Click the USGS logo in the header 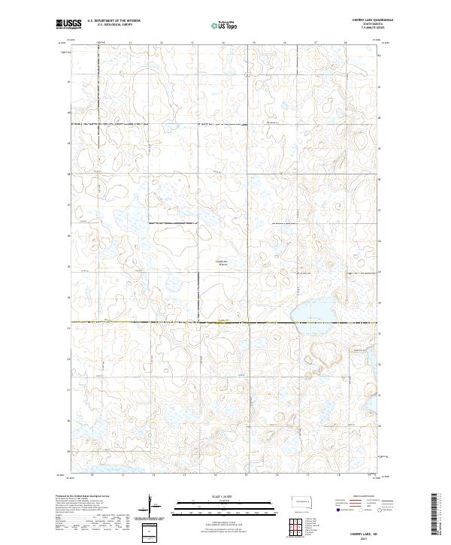tap(68, 24)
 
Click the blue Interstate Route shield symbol tap(337, 510)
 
